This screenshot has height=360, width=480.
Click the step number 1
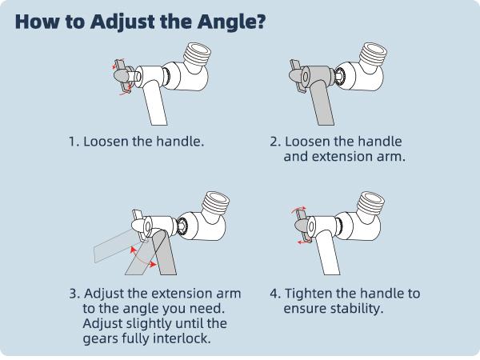coord(73,142)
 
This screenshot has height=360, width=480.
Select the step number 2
coord(274,142)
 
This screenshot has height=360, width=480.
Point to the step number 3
coord(74,294)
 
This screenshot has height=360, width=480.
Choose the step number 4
coord(274,294)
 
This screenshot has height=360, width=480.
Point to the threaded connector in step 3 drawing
coord(217,203)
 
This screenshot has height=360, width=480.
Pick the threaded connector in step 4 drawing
coord(371,203)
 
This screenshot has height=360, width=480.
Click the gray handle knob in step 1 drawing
coord(121,75)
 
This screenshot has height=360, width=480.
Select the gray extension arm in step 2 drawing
coord(322,103)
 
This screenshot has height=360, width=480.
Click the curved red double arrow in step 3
coord(142,258)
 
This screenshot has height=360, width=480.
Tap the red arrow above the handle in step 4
coord(298,210)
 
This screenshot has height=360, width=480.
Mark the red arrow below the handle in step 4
coord(304,242)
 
